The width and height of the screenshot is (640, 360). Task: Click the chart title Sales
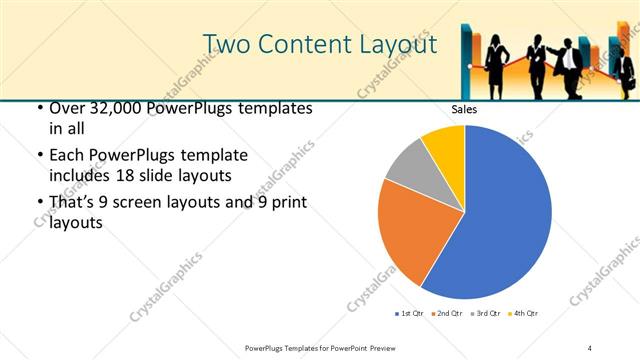(464, 109)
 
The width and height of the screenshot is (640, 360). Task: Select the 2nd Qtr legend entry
(448, 314)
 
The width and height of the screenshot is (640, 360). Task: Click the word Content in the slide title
(308, 44)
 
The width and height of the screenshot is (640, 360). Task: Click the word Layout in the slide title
(397, 44)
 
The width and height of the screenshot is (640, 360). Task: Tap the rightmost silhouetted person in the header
(624, 74)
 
